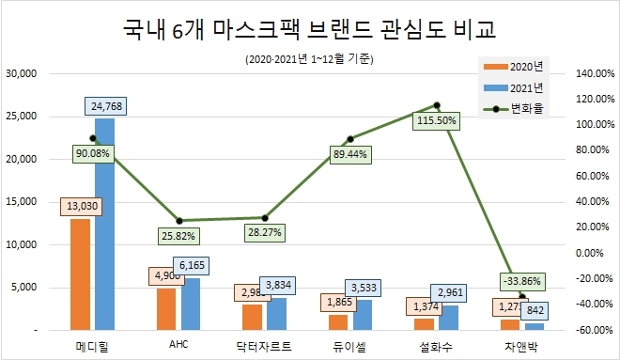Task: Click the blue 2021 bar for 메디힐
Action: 104,226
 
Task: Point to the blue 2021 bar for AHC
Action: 190,304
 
